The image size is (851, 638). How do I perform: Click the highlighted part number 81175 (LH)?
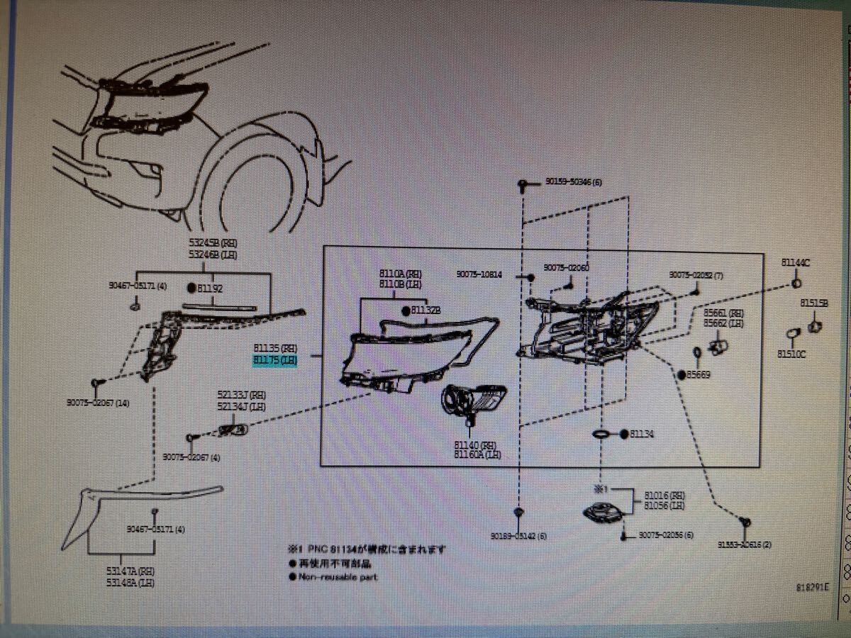pyautogui.click(x=276, y=361)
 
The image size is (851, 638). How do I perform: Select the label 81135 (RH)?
pyautogui.click(x=276, y=349)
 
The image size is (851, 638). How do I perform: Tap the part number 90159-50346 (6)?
pyautogui.click(x=573, y=182)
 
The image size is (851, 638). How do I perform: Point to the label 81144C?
pyautogui.click(x=796, y=262)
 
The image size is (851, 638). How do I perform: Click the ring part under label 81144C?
pyautogui.click(x=796, y=284)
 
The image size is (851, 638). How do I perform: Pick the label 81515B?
pyautogui.click(x=814, y=303)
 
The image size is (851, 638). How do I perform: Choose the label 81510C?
pyautogui.click(x=791, y=354)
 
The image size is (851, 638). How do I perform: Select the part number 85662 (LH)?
pyautogui.click(x=723, y=323)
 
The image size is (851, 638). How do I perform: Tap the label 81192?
pyautogui.click(x=210, y=289)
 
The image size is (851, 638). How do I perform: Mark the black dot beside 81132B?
pyautogui.click(x=406, y=310)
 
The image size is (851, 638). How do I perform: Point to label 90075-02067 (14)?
pyautogui.click(x=98, y=403)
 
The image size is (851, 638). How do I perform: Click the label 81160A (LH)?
pyautogui.click(x=477, y=454)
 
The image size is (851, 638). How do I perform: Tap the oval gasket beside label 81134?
pyautogui.click(x=600, y=434)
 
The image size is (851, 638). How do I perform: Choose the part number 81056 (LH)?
pyautogui.click(x=664, y=505)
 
